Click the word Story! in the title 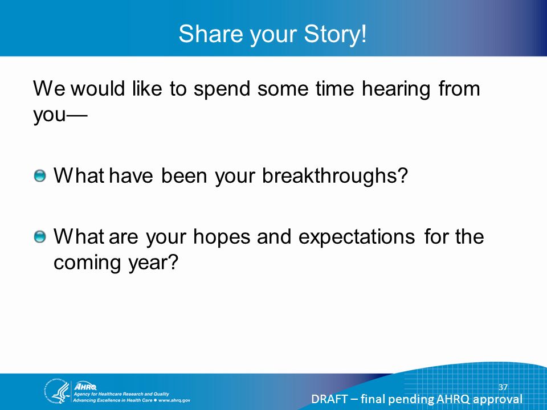coord(336,34)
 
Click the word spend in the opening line coord(222,89)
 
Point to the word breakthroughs coord(335,175)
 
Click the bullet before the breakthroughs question coord(40,176)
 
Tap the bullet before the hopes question coord(40,237)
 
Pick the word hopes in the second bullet coord(222,237)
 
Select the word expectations coord(357,237)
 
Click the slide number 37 coord(503,387)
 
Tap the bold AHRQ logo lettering coord(85,386)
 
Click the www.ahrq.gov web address coord(174,400)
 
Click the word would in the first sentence coord(97,89)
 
